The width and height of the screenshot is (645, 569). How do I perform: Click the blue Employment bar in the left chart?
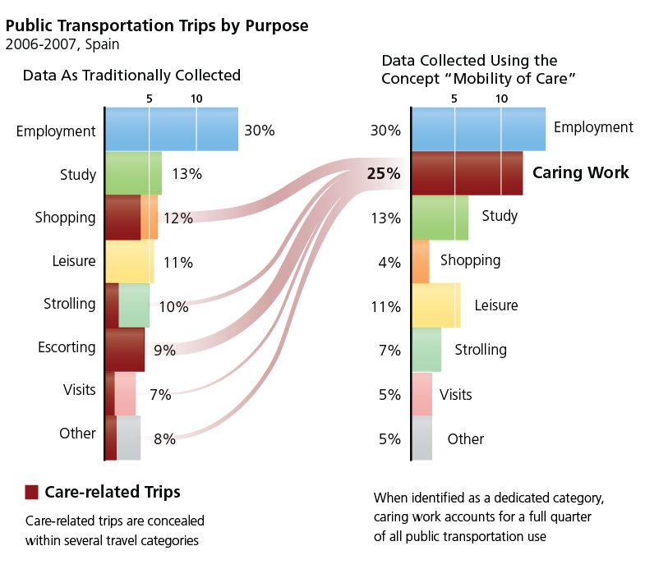coord(171,129)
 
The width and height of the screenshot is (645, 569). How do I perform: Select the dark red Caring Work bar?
coord(467,172)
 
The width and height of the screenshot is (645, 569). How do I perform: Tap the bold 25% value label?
coord(384,174)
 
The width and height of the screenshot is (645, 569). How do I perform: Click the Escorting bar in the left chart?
coord(125,349)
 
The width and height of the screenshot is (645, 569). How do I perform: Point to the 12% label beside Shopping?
coord(177,218)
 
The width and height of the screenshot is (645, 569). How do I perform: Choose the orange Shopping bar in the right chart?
coord(420,261)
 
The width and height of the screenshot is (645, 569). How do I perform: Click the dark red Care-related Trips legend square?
coord(32,492)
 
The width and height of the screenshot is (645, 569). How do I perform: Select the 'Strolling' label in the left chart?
coord(69,304)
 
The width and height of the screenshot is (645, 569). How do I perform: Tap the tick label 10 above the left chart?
coord(196,99)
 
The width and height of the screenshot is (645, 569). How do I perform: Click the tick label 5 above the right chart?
coord(454,99)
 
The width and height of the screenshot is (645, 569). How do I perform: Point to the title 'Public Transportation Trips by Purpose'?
coord(157,25)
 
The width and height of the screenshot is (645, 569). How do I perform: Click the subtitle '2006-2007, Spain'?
coord(62,44)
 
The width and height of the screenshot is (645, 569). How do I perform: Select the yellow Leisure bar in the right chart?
coord(435,305)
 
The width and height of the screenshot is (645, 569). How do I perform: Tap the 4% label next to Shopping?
coord(389,263)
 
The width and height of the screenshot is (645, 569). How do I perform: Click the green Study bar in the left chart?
coord(133,173)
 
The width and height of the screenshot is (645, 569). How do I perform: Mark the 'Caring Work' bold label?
coord(580,172)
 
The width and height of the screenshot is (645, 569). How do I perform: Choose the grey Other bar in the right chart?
coord(422,438)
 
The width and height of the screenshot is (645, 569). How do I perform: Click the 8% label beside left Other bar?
coord(164,439)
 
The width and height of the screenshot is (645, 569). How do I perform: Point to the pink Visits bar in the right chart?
coord(422,394)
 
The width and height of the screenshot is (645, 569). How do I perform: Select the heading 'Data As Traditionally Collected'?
coord(131,76)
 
